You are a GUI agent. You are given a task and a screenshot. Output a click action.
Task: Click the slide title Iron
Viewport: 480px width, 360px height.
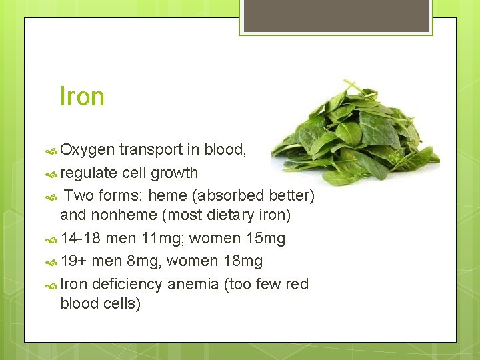tap(82, 97)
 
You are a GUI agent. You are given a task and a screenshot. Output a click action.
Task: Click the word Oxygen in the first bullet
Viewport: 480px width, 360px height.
tap(87, 150)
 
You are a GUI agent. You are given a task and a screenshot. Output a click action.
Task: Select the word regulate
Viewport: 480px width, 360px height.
tap(89, 173)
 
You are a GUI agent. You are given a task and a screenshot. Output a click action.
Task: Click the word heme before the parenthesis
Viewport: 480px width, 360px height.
tap(170, 195)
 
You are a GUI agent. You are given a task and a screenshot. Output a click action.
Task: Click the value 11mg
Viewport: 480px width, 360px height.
tap(161, 238)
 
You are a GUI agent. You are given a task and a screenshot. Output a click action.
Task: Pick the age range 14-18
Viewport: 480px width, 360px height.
tap(81, 238)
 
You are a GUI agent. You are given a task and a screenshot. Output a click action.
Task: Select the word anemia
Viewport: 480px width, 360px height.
tap(193, 284)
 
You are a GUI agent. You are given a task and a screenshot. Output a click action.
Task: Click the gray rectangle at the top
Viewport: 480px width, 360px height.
tap(337, 15)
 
